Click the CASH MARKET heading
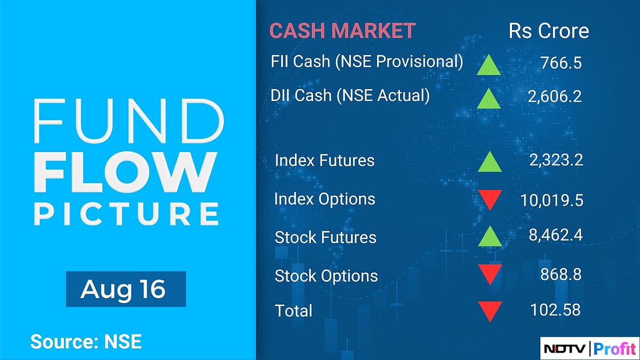[342, 31]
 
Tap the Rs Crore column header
[549, 31]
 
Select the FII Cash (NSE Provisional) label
[367, 61]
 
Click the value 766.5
[559, 63]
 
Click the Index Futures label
[324, 160]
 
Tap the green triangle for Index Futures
[490, 162]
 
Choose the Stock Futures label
[325, 237]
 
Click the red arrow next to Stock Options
[490, 274]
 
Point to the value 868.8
[559, 274]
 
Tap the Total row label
[293, 310]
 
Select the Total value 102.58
[555, 309]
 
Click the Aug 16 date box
[126, 289]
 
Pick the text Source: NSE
[86, 341]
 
